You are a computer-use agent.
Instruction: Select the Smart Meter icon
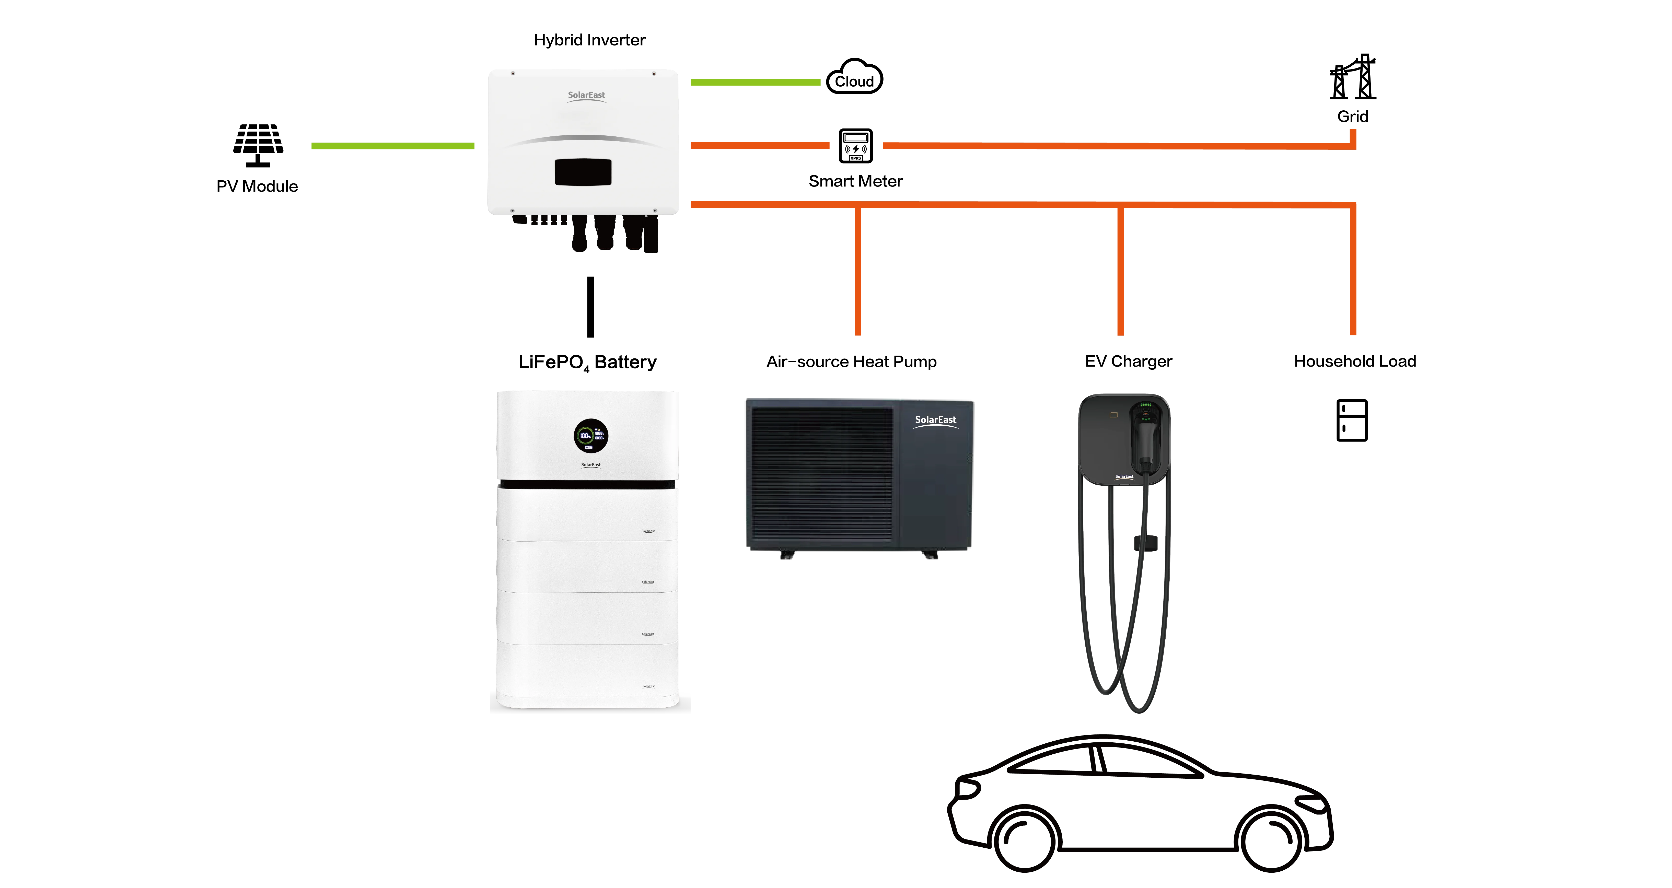tap(855, 145)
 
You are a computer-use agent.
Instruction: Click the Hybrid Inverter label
tap(589, 40)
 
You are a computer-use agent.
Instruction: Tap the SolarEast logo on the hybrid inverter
tap(586, 96)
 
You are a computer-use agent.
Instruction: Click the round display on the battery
tap(591, 435)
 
